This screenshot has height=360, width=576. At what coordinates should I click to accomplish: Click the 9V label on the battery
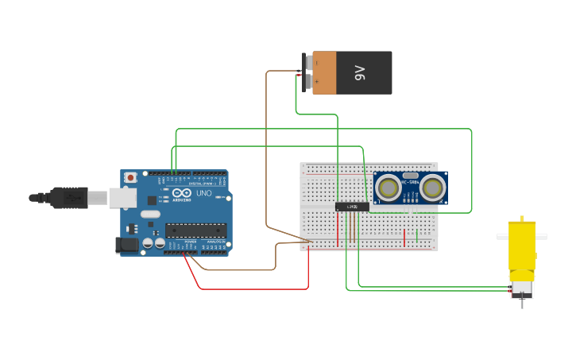[x=359, y=73]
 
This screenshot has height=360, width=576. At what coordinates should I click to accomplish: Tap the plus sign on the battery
[x=316, y=81]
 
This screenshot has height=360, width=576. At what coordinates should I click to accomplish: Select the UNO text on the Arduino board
[x=203, y=194]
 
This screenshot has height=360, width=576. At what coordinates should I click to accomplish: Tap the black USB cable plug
[x=68, y=197]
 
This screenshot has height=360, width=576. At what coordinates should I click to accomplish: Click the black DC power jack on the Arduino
[x=126, y=246]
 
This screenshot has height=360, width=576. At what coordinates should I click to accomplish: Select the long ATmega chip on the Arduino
[x=195, y=230]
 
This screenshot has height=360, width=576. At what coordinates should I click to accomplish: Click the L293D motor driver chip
[x=351, y=207]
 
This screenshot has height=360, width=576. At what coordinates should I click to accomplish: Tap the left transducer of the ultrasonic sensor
[x=389, y=188]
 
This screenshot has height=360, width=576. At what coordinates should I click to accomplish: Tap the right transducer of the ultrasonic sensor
[x=432, y=188]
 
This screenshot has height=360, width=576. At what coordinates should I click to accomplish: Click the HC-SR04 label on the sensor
[x=410, y=184]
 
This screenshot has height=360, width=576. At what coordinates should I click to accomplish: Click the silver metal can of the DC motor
[x=522, y=285]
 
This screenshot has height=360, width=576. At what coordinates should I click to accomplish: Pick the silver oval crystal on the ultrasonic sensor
[x=410, y=176]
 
